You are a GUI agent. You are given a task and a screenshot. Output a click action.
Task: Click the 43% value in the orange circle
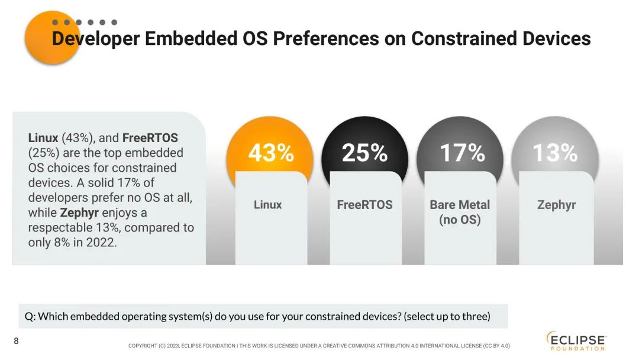pos(271,153)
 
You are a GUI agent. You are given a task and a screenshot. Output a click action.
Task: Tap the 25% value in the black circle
pos(365,153)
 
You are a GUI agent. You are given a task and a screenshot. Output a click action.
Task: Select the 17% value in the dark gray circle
pos(462,153)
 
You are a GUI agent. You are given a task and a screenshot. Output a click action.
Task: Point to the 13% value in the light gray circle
pos(555,153)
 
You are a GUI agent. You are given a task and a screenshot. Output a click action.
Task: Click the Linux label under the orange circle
pos(268,205)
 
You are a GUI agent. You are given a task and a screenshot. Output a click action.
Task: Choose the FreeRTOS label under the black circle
pos(364,205)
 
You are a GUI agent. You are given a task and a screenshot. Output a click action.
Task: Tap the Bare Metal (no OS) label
pos(460,212)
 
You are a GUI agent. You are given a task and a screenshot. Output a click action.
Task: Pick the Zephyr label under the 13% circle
pos(556,205)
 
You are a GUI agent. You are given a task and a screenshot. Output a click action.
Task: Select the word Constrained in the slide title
pos(463,38)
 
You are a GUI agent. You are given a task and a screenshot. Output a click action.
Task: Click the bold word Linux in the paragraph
pos(43,138)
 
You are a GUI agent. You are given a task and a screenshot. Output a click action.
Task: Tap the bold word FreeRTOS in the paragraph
pos(150,138)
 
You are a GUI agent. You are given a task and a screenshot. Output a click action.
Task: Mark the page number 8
pos(17,341)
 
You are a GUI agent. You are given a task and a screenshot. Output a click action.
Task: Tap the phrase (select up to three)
pos(447,316)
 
